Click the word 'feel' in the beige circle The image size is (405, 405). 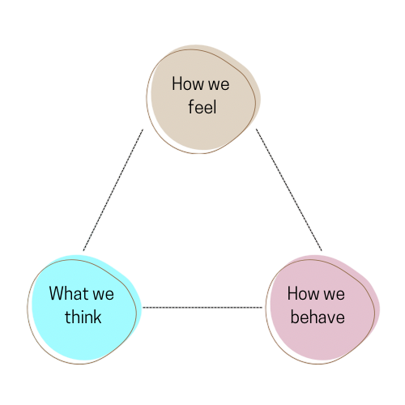click(x=202, y=107)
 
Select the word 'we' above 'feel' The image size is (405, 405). click(x=219, y=85)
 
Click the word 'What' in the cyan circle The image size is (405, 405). click(x=69, y=293)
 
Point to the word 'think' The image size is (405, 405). click(x=83, y=317)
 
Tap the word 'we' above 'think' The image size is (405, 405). click(x=103, y=295)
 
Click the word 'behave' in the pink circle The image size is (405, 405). click(x=318, y=317)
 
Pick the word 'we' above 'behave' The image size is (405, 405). click(x=334, y=295)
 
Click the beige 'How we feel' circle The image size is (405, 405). click(x=203, y=99)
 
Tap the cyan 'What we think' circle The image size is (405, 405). click(x=84, y=309)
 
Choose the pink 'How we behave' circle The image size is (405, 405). click(x=322, y=309)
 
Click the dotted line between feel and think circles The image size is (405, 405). click(x=113, y=190)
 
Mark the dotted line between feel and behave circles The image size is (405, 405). click(x=289, y=190)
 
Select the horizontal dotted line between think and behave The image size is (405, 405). click(x=202, y=307)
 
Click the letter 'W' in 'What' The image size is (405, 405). click(x=57, y=293)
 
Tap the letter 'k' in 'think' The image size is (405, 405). click(x=97, y=317)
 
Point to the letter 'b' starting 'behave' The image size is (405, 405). click(x=295, y=317)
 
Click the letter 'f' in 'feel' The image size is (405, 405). click(x=191, y=107)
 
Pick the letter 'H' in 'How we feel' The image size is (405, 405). click(x=177, y=83)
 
